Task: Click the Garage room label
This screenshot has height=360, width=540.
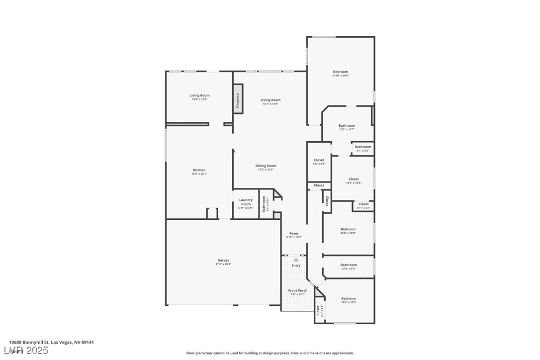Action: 223,260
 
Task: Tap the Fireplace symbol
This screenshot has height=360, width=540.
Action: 238,100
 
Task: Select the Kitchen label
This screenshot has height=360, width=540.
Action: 199,170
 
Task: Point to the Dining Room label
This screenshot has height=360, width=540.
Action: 266,166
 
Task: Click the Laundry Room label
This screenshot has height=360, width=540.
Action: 246,202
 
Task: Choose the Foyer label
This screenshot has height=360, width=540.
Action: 294,233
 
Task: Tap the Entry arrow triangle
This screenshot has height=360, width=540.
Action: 296,260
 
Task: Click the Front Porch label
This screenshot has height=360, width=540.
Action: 298,290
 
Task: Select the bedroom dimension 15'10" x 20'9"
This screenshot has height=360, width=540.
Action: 341,76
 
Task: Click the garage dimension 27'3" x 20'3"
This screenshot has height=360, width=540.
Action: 223,264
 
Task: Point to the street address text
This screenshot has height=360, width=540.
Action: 51,342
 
